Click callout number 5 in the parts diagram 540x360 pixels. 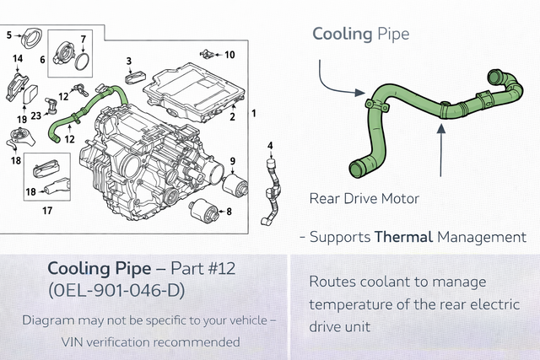[8, 35]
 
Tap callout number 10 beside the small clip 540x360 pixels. [229, 55]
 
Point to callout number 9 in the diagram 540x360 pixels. [232, 160]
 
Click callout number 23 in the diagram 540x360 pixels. [36, 116]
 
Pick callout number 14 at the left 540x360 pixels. [17, 58]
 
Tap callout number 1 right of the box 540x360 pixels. [254, 112]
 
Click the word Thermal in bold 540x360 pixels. [403, 238]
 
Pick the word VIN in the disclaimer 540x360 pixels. [78, 341]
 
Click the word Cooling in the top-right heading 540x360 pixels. [342, 34]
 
